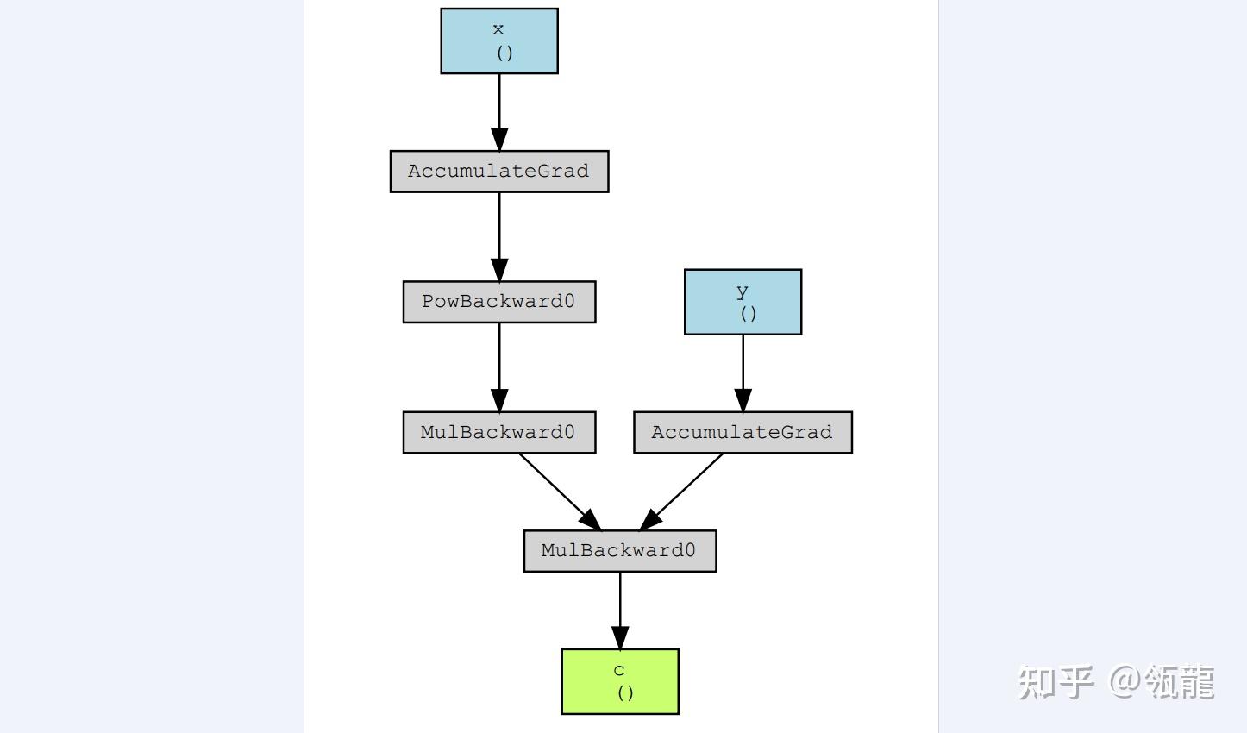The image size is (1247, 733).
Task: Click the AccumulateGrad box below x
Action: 498,172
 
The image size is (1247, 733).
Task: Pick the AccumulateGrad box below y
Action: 743,432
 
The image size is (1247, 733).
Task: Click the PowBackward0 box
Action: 498,302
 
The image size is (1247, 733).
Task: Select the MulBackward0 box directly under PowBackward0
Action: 498,432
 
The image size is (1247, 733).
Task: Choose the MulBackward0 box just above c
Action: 619,551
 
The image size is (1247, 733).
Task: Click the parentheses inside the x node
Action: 504,53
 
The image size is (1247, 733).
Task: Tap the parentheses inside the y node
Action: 749,313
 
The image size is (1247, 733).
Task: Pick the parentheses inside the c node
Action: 626,692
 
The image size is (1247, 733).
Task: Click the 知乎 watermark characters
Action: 1056,682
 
